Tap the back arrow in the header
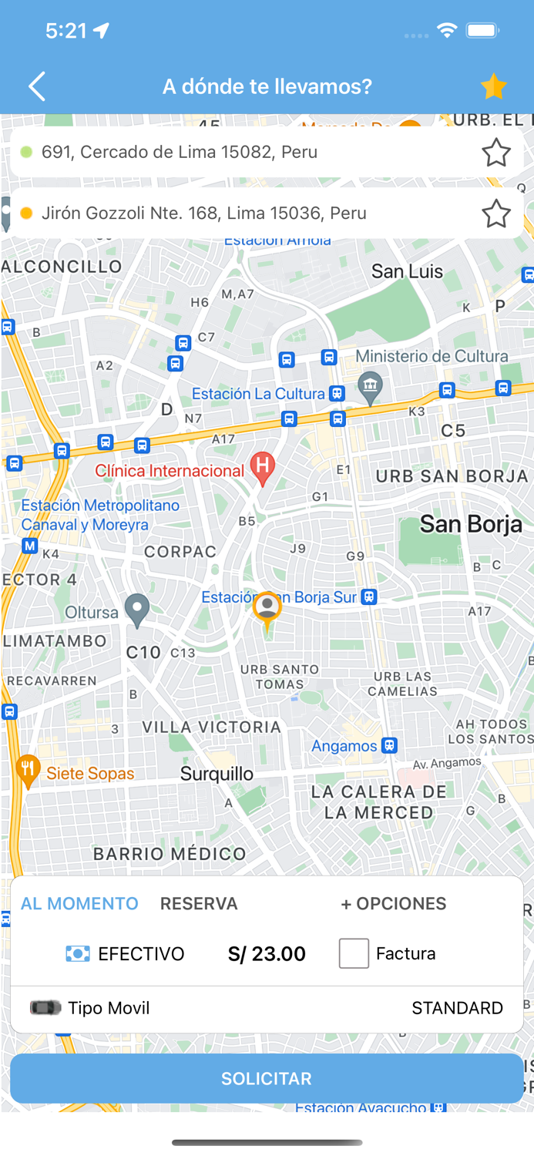coord(37,86)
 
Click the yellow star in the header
coord(493,86)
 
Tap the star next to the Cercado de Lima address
coord(495,153)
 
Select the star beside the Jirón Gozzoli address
coord(495,213)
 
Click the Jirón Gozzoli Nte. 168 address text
coord(203,213)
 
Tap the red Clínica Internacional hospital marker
coord(263,468)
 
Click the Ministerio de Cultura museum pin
coord(371,387)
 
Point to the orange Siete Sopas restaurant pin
coord(29,771)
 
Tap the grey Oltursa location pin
coord(137,610)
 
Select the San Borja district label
coord(471,525)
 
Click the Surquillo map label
coord(217,774)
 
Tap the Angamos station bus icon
coord(389,745)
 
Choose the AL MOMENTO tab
coord(79,903)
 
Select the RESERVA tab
coord(199,903)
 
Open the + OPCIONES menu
coord(393,903)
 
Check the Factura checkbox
coord(354,953)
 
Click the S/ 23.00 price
coord(267,954)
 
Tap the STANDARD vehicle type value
coord(457,1008)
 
